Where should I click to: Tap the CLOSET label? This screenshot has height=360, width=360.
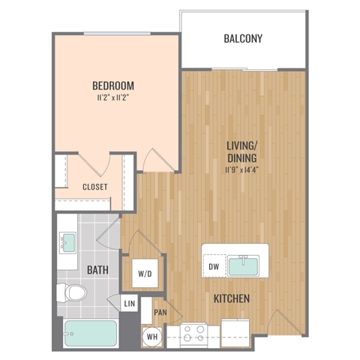point(94,187)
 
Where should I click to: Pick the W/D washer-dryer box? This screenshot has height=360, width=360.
point(144,274)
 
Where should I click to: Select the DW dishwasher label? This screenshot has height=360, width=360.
point(214,266)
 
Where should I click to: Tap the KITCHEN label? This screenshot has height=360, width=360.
point(231,299)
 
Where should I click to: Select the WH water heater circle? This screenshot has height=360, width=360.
point(151,336)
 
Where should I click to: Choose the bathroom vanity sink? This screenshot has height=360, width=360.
point(68,241)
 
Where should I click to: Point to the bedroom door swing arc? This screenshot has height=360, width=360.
point(155,158)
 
